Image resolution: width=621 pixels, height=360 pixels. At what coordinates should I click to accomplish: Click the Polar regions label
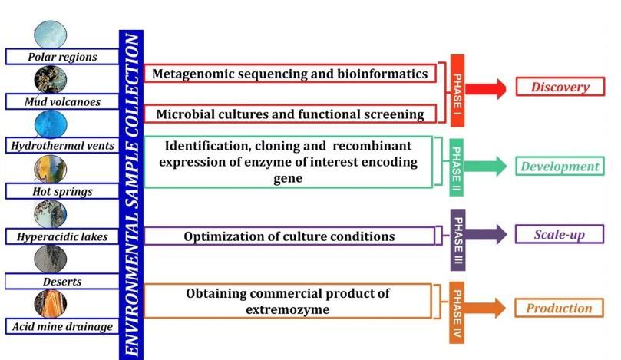point(61,57)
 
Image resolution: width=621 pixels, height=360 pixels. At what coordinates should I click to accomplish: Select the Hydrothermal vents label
point(62,146)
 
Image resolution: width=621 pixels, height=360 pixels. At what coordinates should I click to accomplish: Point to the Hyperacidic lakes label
point(62,237)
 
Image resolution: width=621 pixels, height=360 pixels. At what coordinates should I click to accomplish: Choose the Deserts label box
point(62,282)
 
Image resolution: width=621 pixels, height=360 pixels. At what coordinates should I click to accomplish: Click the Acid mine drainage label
point(62,326)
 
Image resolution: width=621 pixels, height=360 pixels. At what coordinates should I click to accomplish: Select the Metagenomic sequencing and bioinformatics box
point(289,74)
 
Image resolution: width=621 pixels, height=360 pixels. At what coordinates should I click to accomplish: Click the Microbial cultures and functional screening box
point(289,114)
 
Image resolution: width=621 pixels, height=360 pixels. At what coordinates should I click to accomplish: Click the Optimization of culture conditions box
point(289,236)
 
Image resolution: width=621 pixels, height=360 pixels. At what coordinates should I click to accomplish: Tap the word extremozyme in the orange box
point(289,309)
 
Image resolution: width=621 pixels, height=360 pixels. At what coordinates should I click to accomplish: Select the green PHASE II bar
point(457,165)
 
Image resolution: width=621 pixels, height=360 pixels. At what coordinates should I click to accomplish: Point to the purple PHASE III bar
point(457,239)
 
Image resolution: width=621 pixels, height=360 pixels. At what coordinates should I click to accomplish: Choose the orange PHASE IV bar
point(457,312)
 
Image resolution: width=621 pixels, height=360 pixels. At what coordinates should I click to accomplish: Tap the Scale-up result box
point(559,234)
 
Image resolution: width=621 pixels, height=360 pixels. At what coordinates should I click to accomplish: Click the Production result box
point(559,309)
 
